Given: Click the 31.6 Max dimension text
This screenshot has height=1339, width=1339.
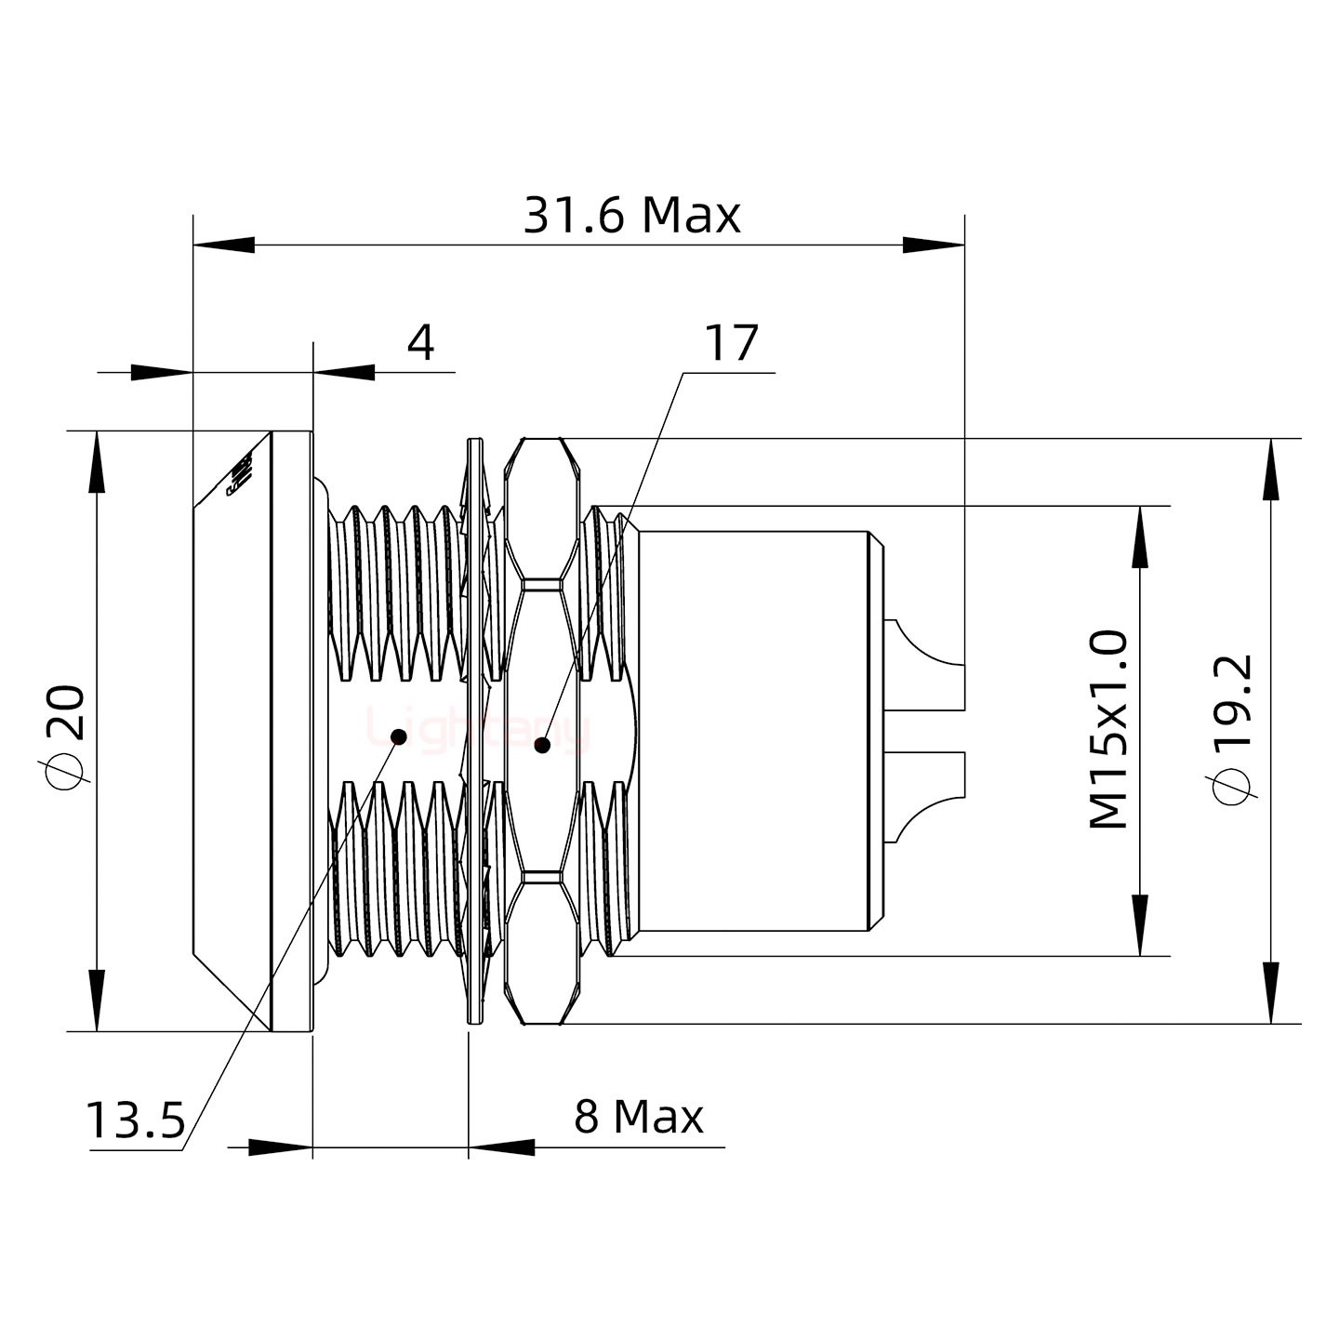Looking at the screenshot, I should tap(631, 216).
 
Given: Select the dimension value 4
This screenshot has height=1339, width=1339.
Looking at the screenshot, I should tap(420, 344).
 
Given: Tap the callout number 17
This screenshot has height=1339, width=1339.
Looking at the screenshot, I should tap(731, 344).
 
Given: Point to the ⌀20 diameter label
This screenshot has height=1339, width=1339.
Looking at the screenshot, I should tap(68, 734).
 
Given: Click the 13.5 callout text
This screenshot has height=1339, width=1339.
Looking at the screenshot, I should tap(136, 1120).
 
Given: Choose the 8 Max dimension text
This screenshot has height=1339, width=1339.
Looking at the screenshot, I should tap(639, 1117).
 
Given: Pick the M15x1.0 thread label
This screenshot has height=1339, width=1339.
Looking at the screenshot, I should tap(1108, 730).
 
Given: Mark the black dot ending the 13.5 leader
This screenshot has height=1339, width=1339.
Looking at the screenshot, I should tap(399, 736).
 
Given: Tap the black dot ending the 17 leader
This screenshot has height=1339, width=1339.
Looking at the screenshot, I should tap(542, 744).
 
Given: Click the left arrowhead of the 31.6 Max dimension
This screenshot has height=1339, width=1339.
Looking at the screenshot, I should tap(224, 245).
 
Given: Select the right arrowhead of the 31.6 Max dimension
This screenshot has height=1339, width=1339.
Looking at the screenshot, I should tap(933, 245).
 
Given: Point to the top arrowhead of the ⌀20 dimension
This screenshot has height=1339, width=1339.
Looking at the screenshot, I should tap(96, 462).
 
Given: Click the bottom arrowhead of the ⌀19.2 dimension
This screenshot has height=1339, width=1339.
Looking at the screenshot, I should tap(1271, 993).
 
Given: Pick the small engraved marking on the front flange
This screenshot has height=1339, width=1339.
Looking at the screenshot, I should tap(241, 475).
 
